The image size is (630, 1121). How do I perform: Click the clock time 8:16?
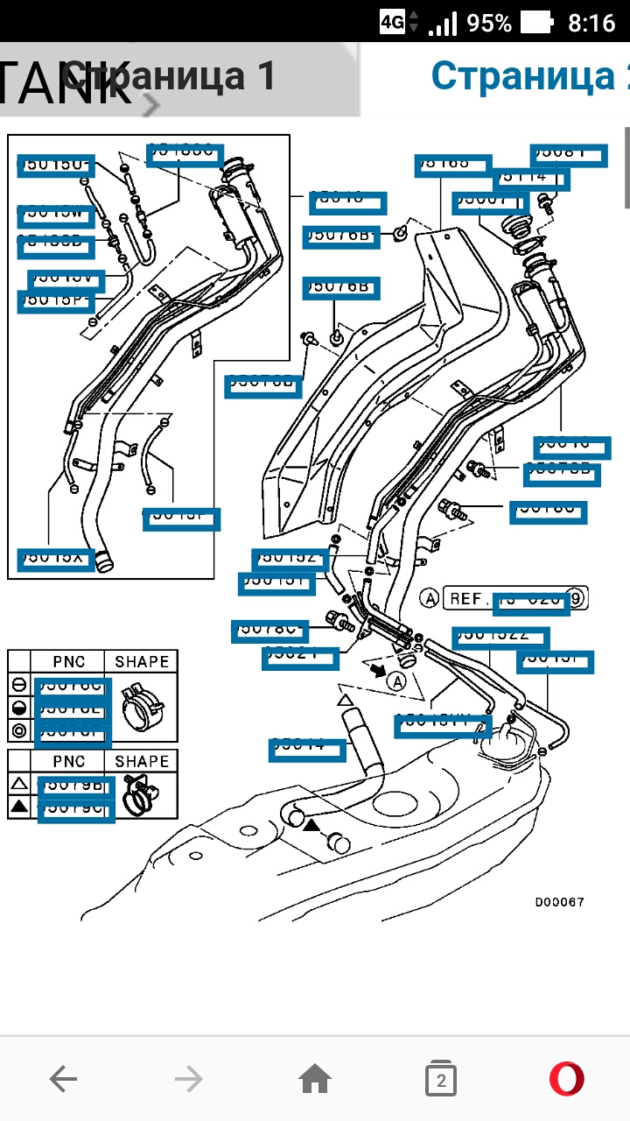(x=591, y=22)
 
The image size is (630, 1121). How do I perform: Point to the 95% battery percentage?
(x=489, y=22)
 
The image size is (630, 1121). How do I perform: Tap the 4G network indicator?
(x=393, y=22)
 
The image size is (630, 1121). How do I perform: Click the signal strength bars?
(x=444, y=22)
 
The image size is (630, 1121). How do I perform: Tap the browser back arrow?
(x=63, y=1079)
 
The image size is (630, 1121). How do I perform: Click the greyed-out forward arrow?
(x=188, y=1079)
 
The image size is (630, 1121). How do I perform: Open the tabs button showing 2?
(x=441, y=1080)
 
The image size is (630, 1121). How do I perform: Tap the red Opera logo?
(x=567, y=1079)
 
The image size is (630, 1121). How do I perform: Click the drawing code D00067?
(x=560, y=902)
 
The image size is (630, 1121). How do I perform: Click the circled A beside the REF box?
(x=429, y=599)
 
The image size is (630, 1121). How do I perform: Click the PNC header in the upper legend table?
(x=68, y=662)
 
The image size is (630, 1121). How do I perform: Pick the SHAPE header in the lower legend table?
(x=142, y=761)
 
